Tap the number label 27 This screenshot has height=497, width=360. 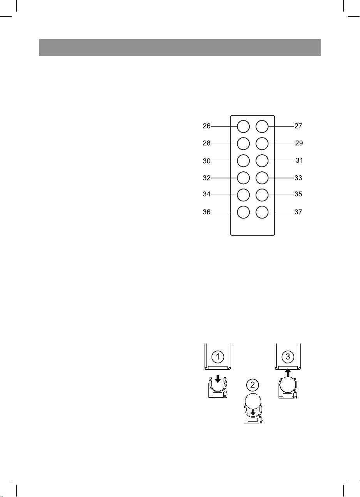[298, 126]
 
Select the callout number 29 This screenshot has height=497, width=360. [299, 143]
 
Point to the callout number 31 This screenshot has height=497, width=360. [299, 160]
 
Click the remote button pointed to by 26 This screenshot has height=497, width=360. [243, 126]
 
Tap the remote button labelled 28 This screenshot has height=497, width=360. [243, 143]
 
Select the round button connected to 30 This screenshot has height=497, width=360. [243, 160]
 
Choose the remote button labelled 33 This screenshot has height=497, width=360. [262, 178]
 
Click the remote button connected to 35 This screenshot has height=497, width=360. [262, 194]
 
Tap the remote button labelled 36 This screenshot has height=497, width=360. [243, 212]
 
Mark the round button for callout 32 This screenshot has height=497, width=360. [243, 178]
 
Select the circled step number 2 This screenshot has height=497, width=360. [253, 385]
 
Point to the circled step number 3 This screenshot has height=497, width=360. [288, 356]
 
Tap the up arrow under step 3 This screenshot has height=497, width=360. [288, 372]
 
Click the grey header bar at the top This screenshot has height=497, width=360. [180, 47]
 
